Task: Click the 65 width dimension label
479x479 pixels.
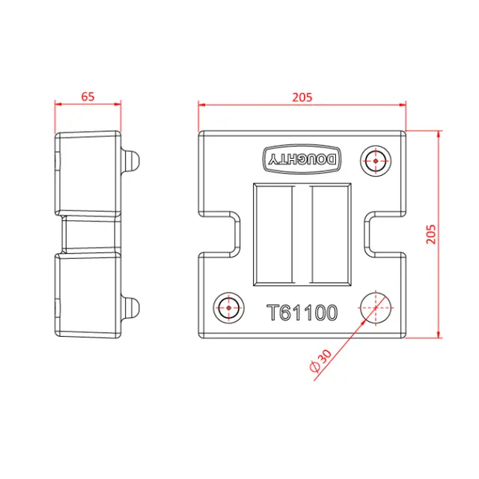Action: point(88,96)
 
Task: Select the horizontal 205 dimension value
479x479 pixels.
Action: point(302,97)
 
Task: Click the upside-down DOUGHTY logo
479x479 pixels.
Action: point(305,159)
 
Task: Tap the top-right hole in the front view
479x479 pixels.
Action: point(375,159)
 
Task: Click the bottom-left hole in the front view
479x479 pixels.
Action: point(228,306)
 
